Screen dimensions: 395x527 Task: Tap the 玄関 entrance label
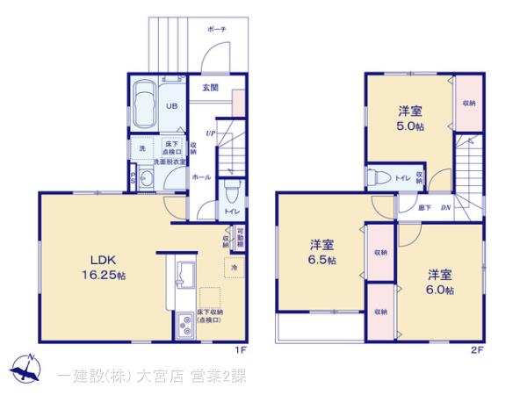click(x=210, y=88)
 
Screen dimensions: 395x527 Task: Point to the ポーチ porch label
click(x=218, y=29)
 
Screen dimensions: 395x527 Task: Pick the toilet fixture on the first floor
click(x=232, y=190)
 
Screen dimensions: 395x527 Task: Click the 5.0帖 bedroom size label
click(x=410, y=119)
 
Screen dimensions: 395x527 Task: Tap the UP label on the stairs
click(x=211, y=133)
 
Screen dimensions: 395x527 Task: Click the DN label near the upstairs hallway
click(x=445, y=207)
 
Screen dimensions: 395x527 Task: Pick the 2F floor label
click(x=477, y=348)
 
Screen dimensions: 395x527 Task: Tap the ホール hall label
click(x=201, y=176)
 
